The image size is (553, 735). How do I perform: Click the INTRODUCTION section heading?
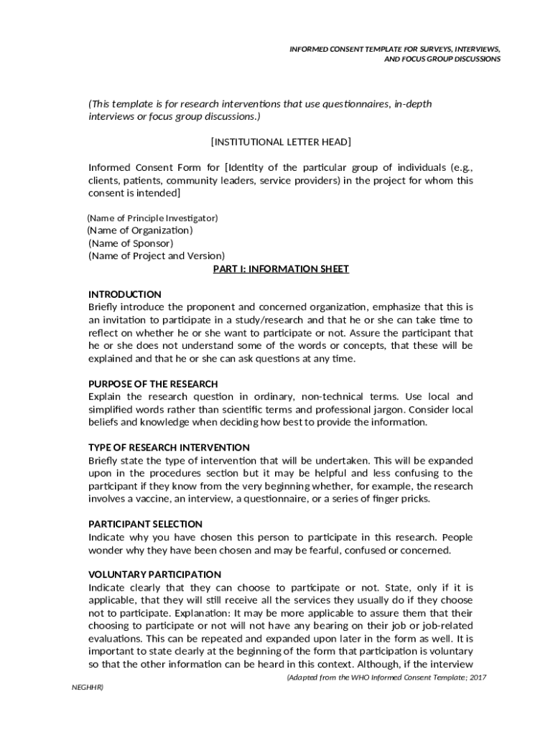pos(124,294)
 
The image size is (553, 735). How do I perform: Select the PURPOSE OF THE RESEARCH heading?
pos(153,384)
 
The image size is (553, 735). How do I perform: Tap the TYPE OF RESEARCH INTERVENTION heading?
pos(169,447)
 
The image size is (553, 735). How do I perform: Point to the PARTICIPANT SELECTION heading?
pos(145,524)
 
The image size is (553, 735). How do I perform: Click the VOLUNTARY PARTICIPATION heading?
pos(154,574)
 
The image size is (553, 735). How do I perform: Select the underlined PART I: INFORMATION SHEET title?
pos(281,269)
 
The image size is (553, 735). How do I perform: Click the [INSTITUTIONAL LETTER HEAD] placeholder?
pos(281,142)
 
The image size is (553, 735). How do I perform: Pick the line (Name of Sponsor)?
pos(130,243)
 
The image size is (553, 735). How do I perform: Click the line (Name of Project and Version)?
pos(156,256)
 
